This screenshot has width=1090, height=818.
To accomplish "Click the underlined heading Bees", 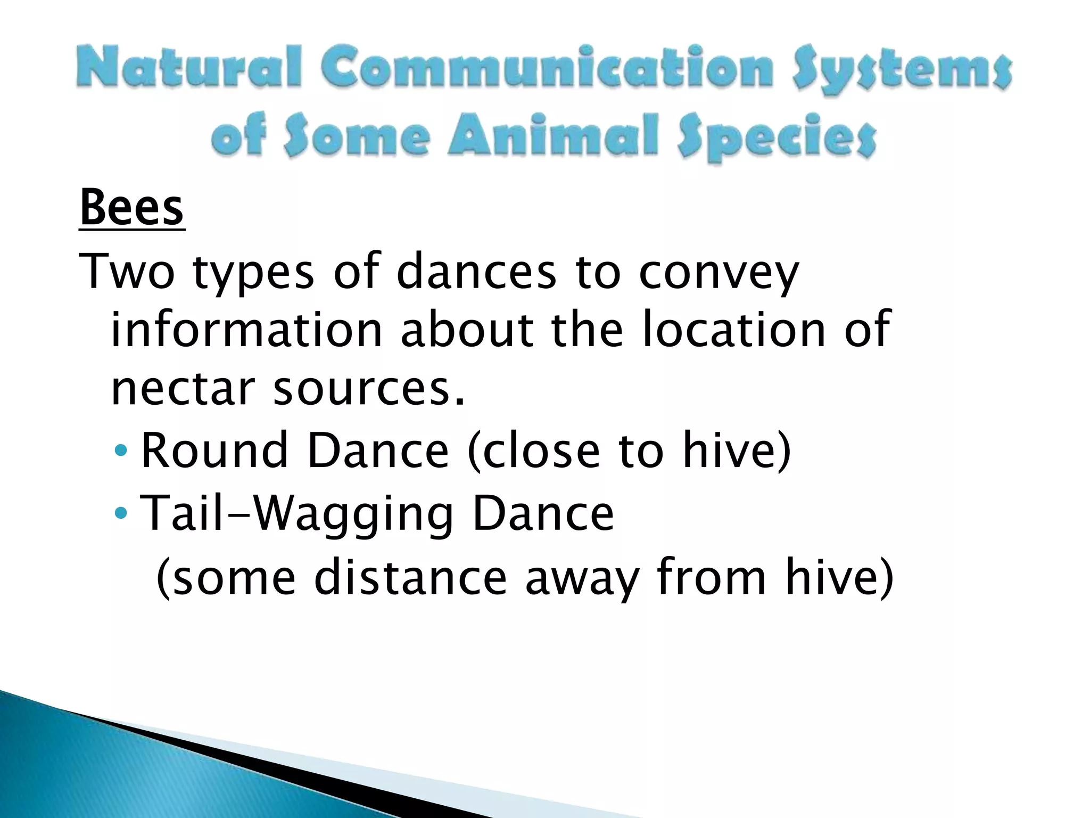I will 131,209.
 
